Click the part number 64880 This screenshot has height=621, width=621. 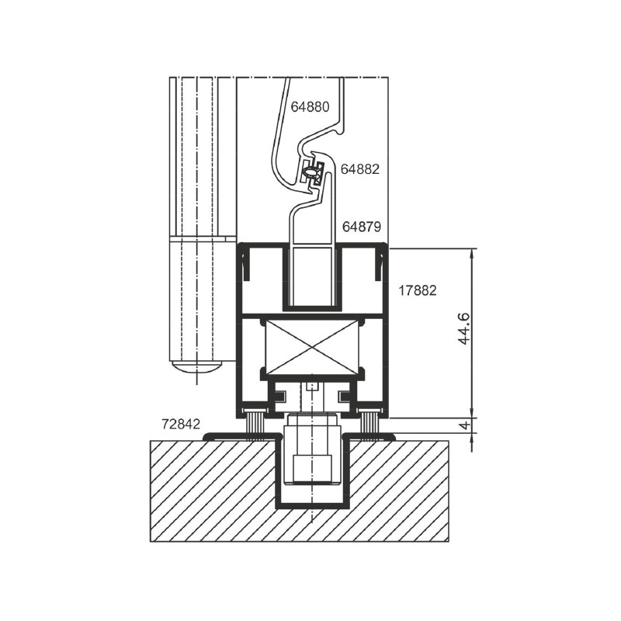(310, 106)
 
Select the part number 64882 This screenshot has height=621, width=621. (360, 169)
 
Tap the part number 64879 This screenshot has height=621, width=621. (362, 227)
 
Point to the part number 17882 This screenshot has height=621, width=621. (418, 290)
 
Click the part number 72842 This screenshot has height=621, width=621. (181, 424)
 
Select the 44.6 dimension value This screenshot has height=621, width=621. (463, 328)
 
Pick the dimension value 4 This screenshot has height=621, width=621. (467, 425)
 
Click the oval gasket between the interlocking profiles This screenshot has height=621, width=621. (311, 172)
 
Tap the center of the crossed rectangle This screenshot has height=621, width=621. (313, 347)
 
